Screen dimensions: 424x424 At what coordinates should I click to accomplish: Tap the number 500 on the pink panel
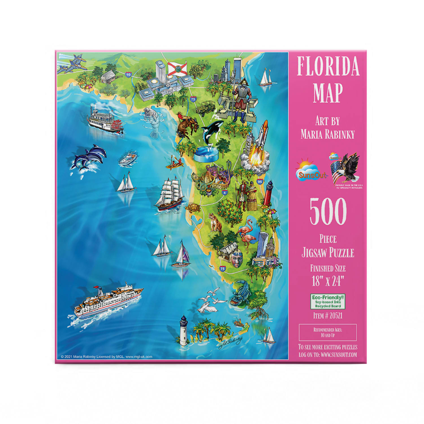[328, 211]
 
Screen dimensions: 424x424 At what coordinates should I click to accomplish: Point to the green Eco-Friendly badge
[328, 302]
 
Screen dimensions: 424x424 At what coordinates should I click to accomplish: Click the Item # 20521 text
[328, 315]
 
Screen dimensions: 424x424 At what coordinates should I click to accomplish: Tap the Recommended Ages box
[328, 332]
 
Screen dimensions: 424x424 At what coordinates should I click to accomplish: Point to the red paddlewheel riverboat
[105, 120]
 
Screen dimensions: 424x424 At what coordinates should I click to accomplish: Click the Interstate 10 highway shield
[129, 75]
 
